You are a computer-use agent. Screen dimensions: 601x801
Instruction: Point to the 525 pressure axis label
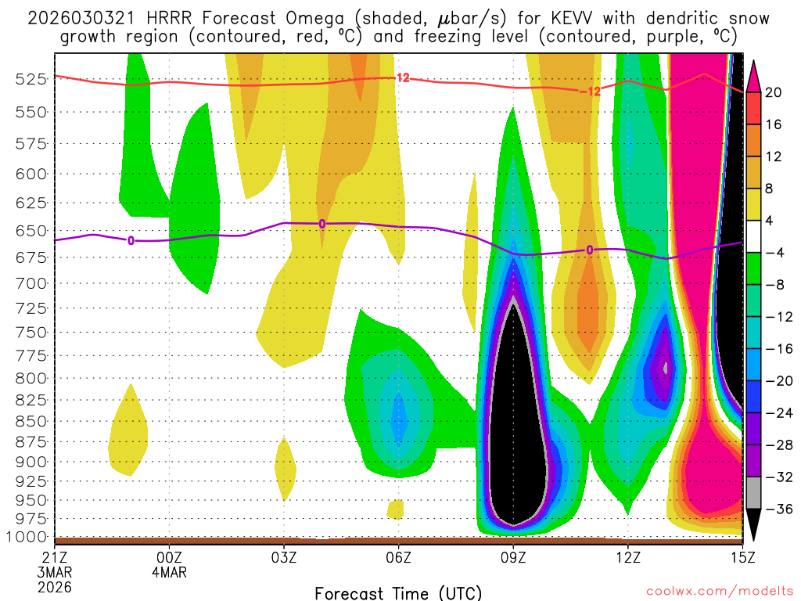32,79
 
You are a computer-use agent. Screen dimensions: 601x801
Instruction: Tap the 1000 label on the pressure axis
29,537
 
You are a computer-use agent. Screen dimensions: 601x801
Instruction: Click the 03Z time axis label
284,556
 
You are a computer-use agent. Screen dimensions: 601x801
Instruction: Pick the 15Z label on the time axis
742,556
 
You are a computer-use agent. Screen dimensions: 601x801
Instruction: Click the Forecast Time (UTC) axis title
398,592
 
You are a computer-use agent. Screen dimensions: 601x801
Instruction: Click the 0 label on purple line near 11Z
590,250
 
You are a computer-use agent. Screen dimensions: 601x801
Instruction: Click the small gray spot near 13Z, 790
666,366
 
